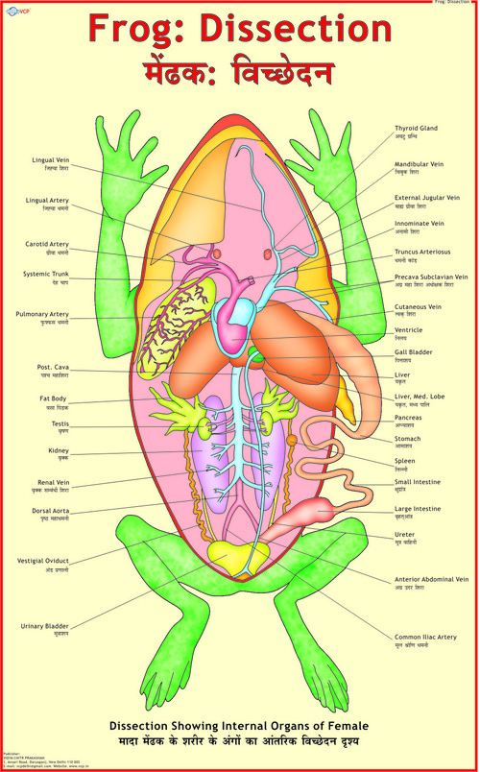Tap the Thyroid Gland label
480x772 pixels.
pyautogui.click(x=416, y=128)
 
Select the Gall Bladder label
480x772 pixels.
pyautogui.click(x=414, y=352)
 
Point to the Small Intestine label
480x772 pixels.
pyautogui.click(x=418, y=482)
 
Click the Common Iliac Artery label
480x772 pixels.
pyautogui.click(x=425, y=637)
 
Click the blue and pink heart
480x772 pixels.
pyautogui.click(x=231, y=322)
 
